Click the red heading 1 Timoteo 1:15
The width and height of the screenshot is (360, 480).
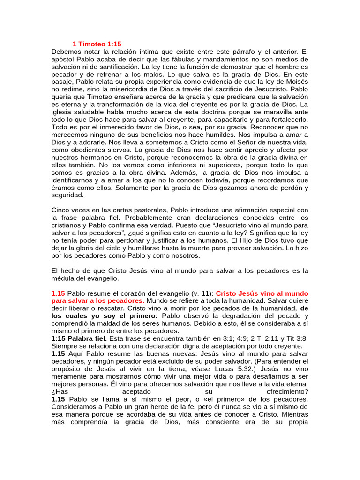97,44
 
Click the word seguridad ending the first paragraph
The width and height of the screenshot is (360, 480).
67,195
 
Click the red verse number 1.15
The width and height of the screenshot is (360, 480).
58,293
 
